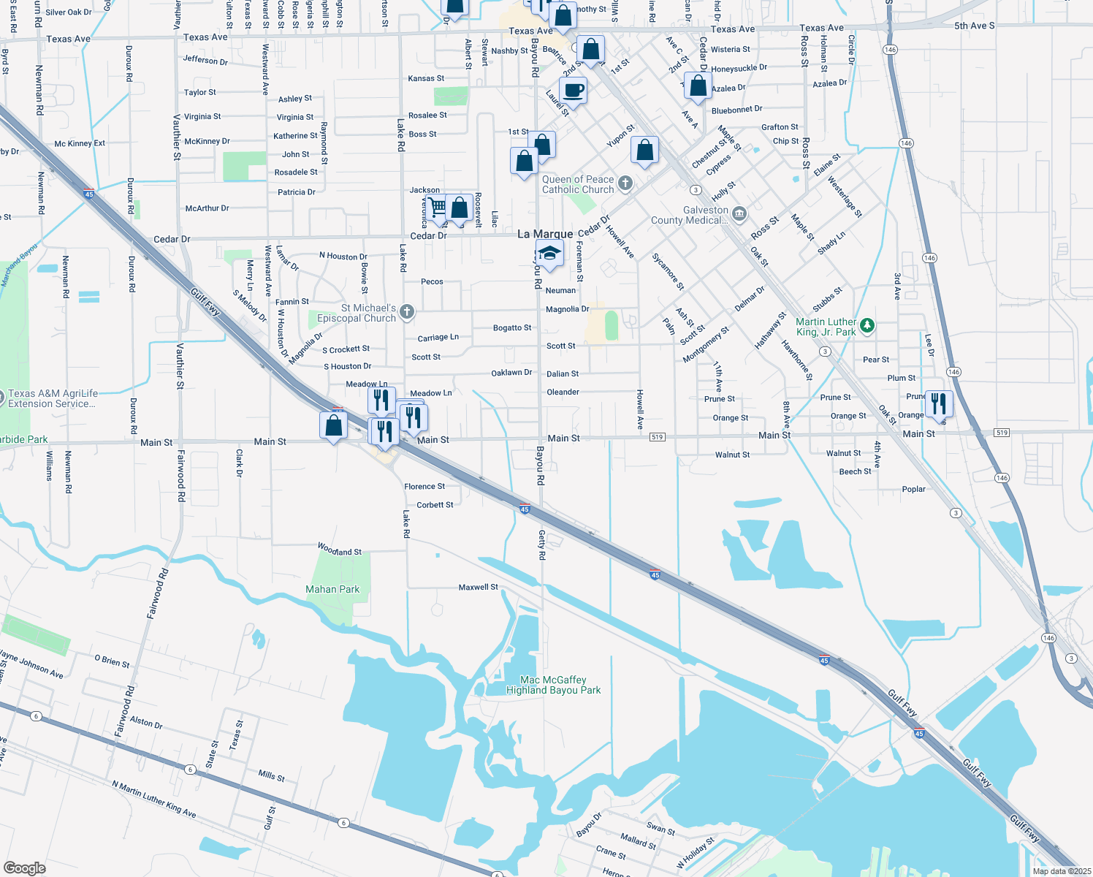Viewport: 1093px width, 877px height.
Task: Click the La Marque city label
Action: pyautogui.click(x=545, y=234)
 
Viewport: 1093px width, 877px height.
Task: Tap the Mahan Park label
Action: pyautogui.click(x=332, y=589)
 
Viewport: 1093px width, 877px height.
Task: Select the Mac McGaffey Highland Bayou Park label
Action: pyautogui.click(x=553, y=685)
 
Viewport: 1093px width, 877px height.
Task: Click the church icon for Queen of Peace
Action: pyautogui.click(x=625, y=183)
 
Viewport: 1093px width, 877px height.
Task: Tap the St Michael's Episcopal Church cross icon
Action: pyautogui.click(x=407, y=312)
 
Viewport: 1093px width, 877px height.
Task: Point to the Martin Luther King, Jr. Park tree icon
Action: pyautogui.click(x=867, y=325)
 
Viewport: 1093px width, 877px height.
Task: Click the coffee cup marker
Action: pyautogui.click(x=574, y=91)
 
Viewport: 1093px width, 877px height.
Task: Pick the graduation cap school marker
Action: pyautogui.click(x=549, y=254)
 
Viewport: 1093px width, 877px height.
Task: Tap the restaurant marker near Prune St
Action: pyautogui.click(x=939, y=403)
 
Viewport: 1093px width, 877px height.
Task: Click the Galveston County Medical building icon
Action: pyautogui.click(x=739, y=214)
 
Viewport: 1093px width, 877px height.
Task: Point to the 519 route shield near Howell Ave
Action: pyautogui.click(x=657, y=437)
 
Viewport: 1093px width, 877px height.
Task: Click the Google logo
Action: pyautogui.click(x=24, y=868)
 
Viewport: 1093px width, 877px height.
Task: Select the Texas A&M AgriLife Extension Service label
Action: pyautogui.click(x=52, y=398)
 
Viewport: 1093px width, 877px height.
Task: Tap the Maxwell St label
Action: pyautogui.click(x=478, y=587)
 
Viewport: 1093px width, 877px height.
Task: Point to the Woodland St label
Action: pyautogui.click(x=339, y=550)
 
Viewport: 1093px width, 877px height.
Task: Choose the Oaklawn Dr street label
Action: pyautogui.click(x=511, y=373)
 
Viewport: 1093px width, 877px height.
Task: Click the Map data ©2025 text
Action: pyautogui.click(x=1061, y=871)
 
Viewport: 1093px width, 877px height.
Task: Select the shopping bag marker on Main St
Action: pyautogui.click(x=334, y=425)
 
